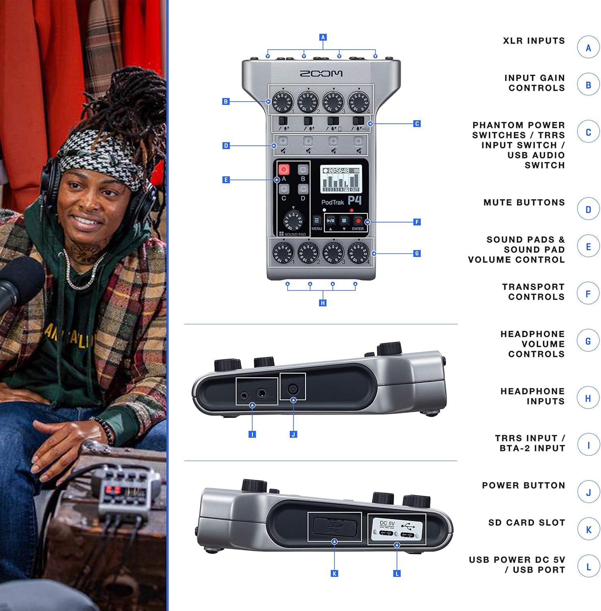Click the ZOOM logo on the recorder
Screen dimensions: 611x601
tap(321, 73)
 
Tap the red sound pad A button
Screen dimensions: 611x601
tap(284, 169)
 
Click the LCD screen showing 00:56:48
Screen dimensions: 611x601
tap(341, 179)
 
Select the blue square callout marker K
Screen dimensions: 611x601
tap(334, 574)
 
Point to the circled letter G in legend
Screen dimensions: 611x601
tap(588, 341)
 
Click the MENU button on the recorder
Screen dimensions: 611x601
tap(317, 221)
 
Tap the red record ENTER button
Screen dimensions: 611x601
tap(358, 221)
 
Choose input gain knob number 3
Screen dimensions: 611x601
tap(333, 101)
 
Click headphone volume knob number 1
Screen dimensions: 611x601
tap(283, 253)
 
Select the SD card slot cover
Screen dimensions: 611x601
tap(334, 527)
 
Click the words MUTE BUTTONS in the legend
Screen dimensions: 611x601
tap(524, 202)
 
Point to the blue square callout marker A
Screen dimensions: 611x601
tap(323, 37)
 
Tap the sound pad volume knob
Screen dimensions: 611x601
tap(293, 221)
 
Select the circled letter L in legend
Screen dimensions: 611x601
tap(588, 566)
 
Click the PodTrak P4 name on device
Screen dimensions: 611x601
tap(341, 201)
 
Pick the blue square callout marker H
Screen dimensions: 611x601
tap(323, 303)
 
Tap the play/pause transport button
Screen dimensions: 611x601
tap(331, 221)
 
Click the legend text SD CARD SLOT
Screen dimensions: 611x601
tap(527, 523)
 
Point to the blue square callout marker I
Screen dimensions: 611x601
tap(252, 435)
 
